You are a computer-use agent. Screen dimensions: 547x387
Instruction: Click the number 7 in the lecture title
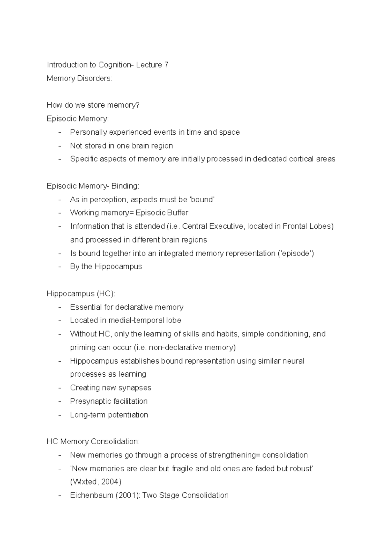point(166,65)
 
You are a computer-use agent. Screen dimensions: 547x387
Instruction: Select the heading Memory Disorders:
point(79,78)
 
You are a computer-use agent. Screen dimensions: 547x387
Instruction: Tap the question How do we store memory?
point(93,105)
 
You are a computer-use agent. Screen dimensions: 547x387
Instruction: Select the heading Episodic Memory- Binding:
point(93,186)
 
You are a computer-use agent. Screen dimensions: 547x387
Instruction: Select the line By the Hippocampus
point(106,267)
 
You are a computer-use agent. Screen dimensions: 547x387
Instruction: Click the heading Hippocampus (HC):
point(81,293)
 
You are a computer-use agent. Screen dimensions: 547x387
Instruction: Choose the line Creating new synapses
point(111,388)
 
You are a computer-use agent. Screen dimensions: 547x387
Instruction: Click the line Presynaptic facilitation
point(109,401)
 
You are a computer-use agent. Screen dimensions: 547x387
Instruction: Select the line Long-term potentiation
point(109,415)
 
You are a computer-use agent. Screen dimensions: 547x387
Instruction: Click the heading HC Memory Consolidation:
point(93,441)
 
